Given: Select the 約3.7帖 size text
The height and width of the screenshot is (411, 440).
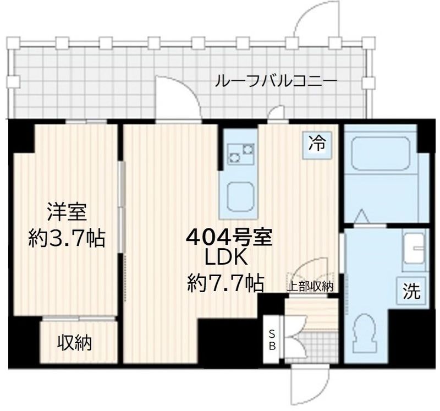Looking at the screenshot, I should point(67,239).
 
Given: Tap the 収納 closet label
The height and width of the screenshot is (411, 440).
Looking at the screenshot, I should point(75,343).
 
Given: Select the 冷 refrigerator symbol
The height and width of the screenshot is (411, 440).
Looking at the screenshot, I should point(316,145).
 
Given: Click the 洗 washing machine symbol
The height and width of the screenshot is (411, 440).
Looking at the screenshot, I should point(412,290).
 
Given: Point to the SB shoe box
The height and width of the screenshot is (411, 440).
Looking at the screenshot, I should point(272,339).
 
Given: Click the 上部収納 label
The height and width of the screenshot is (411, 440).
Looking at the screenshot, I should point(312,286).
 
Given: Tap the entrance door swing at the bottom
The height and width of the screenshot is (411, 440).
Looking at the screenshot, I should point(308,382).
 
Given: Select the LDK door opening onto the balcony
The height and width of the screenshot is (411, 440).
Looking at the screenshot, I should point(177,99).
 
